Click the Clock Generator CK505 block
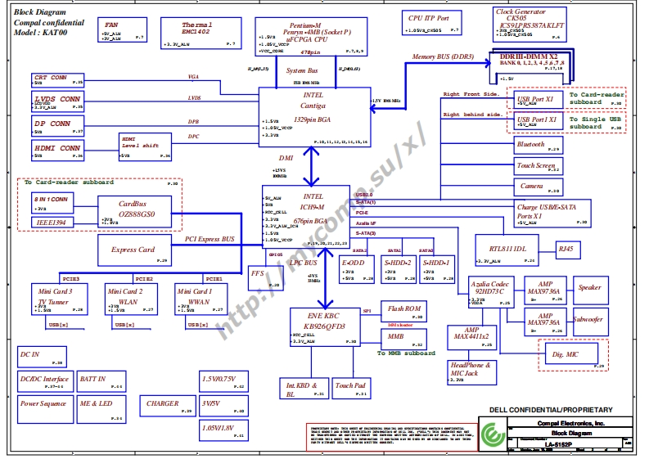[x=530, y=25]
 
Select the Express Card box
[x=134, y=250]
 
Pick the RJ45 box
[x=566, y=248]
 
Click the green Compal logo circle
[x=492, y=434]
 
